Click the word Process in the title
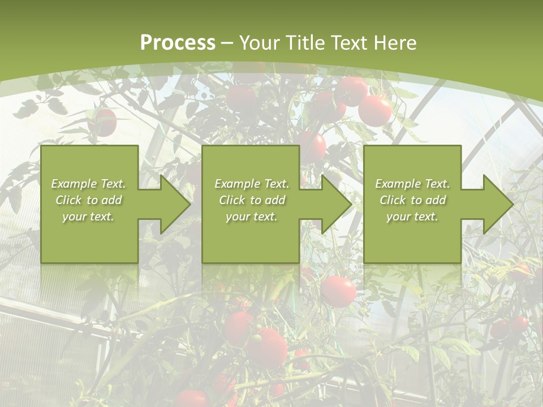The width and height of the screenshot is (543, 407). coord(178,43)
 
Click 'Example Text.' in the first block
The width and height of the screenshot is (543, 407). coord(88,184)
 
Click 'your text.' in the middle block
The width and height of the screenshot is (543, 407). coord(251,217)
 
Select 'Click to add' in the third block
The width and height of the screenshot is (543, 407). coord(412,200)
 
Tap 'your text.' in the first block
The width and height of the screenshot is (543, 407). coord(88,217)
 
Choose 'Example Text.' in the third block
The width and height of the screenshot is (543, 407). coord(412,184)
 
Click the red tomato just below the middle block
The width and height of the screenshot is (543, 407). coord(338,292)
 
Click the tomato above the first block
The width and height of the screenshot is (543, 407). coord(103,122)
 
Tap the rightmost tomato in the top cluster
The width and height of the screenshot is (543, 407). coord(374,111)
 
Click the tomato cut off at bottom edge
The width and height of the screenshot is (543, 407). coord(191,399)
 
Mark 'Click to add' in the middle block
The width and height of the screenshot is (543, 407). coord(251,200)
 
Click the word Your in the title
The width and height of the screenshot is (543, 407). coord(260,43)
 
